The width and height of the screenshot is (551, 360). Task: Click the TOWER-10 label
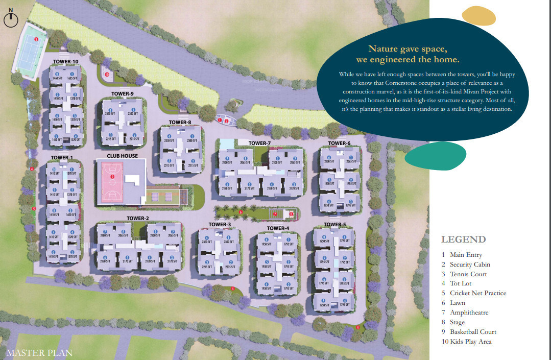(65, 62)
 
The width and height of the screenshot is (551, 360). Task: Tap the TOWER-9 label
(123, 94)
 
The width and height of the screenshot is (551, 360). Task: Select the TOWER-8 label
(180, 123)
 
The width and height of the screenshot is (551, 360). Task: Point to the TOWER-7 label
(259, 143)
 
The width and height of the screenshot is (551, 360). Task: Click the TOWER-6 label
(340, 143)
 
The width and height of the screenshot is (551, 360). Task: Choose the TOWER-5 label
(334, 225)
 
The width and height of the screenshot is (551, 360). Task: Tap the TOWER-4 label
(278, 228)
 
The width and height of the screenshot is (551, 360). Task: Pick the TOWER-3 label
(220, 225)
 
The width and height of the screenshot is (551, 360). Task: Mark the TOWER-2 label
(138, 219)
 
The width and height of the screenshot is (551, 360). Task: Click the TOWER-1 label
(62, 158)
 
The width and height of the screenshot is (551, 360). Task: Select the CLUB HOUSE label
(122, 156)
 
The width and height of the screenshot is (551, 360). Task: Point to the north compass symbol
(11, 19)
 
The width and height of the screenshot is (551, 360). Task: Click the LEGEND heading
(463, 239)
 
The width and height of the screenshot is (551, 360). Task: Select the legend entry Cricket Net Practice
(477, 293)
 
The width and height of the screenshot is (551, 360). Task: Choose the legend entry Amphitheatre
(469, 313)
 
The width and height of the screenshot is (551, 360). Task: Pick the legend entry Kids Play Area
(470, 342)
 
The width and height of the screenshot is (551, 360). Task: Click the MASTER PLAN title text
(39, 352)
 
